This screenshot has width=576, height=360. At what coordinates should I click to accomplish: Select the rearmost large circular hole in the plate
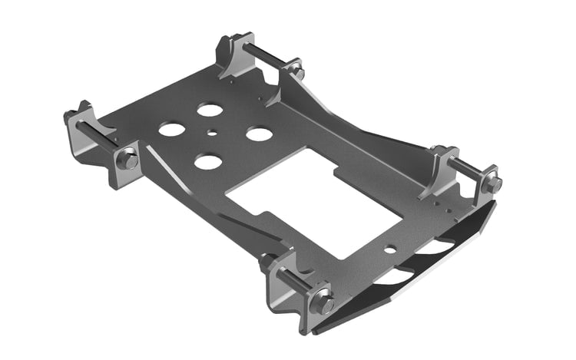point(210,109)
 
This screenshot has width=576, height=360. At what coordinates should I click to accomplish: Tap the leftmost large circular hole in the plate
point(171,129)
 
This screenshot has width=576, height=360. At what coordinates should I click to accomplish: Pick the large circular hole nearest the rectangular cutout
point(259,134)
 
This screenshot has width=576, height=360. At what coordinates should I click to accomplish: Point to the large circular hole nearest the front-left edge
point(207,161)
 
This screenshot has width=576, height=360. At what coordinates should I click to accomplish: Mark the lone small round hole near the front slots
point(390,249)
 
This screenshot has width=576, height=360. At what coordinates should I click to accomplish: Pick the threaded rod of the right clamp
point(465,170)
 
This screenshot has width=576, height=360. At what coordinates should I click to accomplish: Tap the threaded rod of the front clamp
point(292,279)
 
